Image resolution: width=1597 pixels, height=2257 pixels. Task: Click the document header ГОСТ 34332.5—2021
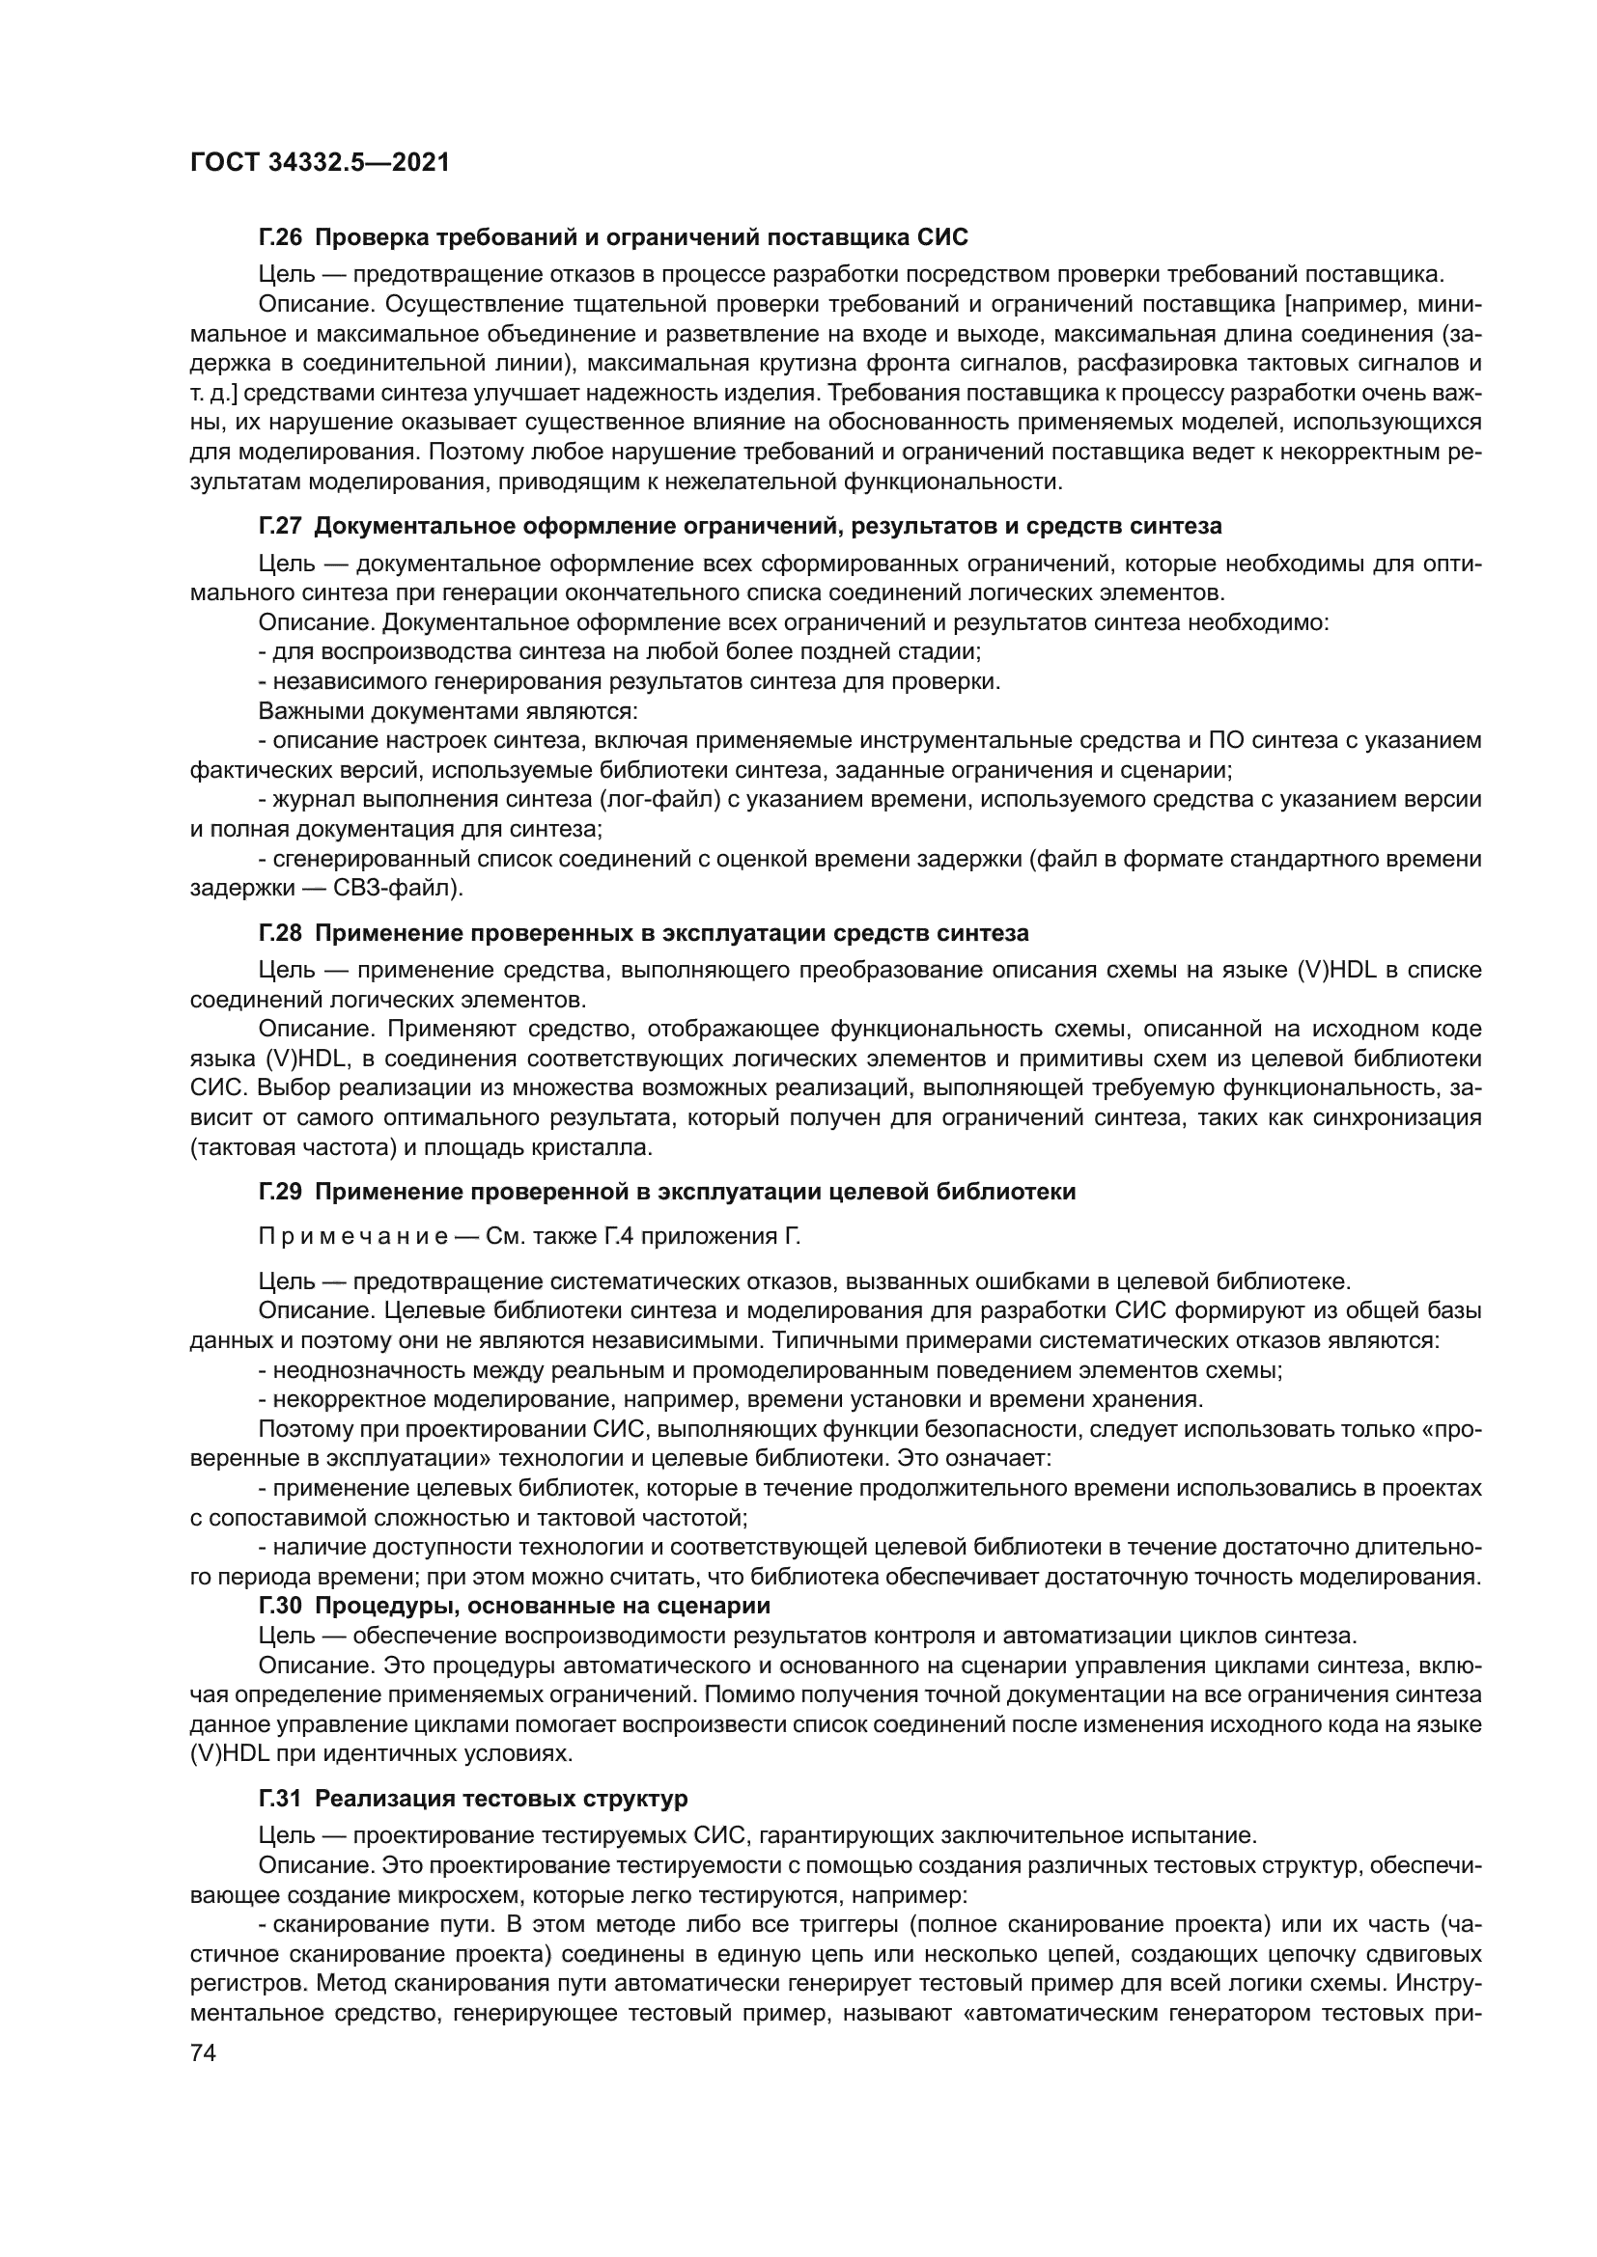(320, 163)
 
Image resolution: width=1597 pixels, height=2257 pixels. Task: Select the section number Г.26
(280, 237)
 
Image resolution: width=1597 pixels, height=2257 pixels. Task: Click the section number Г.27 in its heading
(280, 526)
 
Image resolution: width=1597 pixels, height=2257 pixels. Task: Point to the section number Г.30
(280, 1606)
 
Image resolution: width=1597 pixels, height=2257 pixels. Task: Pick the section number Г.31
(280, 1798)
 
